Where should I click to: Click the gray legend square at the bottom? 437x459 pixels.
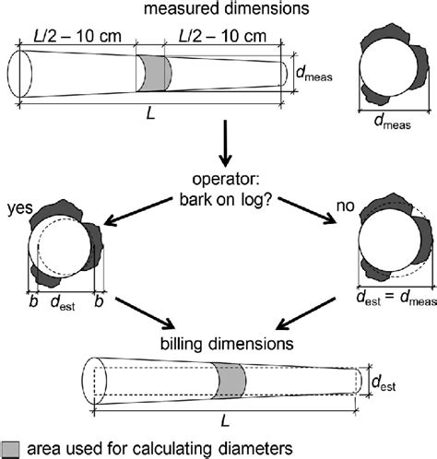[x=9, y=450]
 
